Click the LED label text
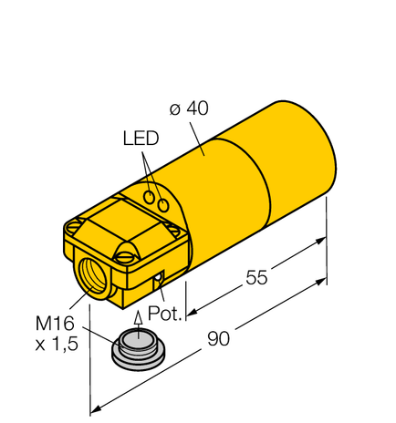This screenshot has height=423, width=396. (141, 139)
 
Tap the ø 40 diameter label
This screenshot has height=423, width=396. (190, 108)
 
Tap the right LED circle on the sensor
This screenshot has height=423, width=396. (164, 206)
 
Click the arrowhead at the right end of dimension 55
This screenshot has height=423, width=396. (321, 241)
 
